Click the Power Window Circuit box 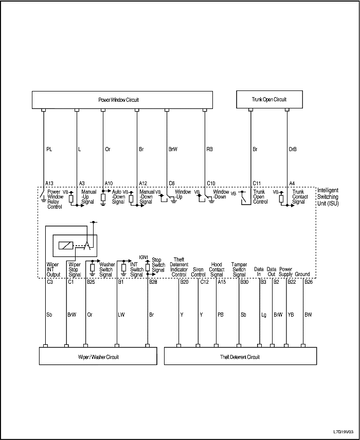point(122,100)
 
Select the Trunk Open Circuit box point(269,99)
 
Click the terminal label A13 point(50,183)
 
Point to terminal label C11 point(257,183)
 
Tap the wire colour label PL point(49,150)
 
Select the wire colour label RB point(210,150)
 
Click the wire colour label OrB point(293,150)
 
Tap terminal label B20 point(184,282)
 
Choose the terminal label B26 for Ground point(309,282)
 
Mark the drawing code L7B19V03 point(343,432)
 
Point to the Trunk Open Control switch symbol point(246,199)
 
